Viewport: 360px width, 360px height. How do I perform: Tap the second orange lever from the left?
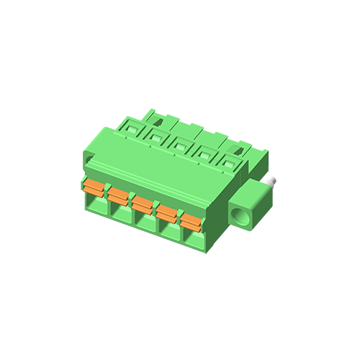click(x=118, y=195)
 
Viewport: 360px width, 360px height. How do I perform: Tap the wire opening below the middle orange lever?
click(x=144, y=224)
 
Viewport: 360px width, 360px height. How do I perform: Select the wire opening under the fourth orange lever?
click(x=168, y=233)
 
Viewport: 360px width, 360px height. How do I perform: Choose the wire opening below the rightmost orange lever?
click(x=192, y=240)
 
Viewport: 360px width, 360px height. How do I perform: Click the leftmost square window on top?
click(x=133, y=129)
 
